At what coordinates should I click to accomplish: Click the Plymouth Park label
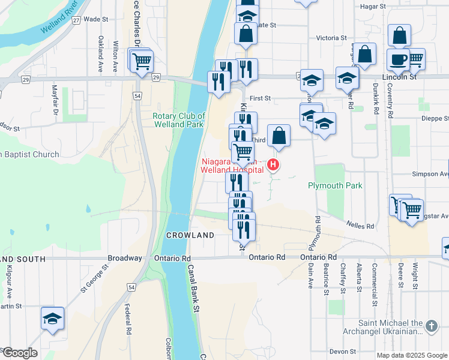point(336,185)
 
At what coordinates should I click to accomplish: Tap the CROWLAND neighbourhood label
point(190,235)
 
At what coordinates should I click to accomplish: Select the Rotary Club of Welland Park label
point(179,120)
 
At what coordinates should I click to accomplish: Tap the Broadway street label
point(124,257)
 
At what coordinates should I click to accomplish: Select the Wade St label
point(95,19)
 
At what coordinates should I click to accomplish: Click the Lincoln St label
point(399,77)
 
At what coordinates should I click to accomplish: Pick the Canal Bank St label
point(193,289)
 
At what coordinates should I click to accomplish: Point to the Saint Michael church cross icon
point(431,326)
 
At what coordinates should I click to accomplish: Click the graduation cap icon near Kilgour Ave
point(52,319)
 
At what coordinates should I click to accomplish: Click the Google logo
point(19,353)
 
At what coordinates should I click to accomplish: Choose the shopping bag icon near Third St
point(279,136)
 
